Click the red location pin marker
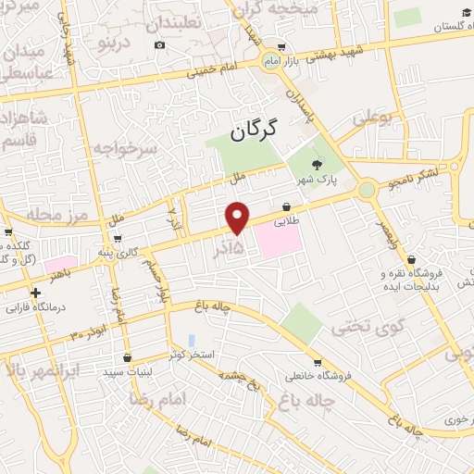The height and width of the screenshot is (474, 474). [238, 217]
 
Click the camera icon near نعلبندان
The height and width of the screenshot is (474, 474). [160, 45]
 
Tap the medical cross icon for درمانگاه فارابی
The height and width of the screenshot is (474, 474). [35, 293]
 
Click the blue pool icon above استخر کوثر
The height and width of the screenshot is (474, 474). [192, 341]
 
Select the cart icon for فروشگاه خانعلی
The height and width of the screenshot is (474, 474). [318, 363]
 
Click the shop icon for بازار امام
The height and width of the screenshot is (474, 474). [281, 46]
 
